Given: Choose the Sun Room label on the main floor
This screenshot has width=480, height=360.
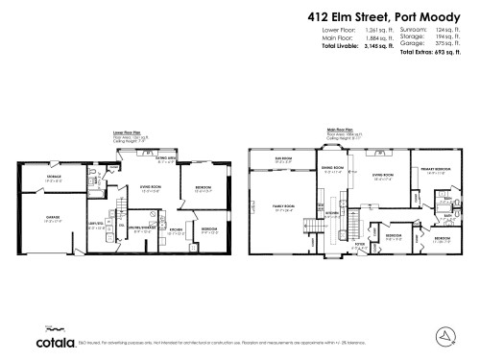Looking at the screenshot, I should [x=284, y=159].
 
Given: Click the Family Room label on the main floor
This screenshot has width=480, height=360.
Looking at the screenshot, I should [x=285, y=209].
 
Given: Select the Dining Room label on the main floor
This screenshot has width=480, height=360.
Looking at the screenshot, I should [x=332, y=171].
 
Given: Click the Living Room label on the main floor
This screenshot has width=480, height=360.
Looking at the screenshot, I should [x=378, y=175].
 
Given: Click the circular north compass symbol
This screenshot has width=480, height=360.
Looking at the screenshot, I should [x=444, y=336].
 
